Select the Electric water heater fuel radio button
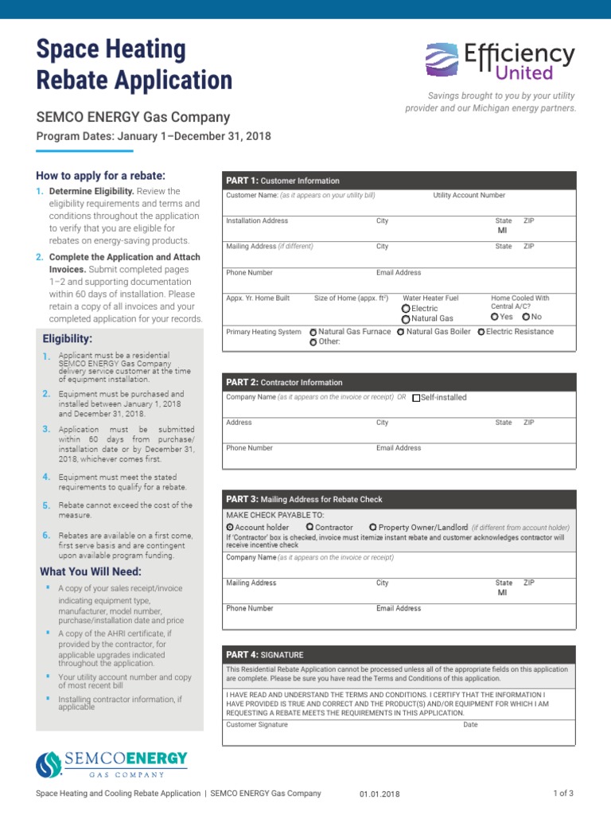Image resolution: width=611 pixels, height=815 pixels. [x=406, y=309]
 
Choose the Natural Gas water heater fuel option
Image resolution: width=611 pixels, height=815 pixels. [x=406, y=319]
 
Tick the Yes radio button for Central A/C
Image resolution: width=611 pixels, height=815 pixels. [x=494, y=317]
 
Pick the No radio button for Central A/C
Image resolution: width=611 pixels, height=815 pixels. [x=525, y=317]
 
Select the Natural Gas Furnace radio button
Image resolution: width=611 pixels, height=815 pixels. [x=313, y=332]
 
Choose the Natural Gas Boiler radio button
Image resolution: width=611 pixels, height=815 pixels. [x=400, y=332]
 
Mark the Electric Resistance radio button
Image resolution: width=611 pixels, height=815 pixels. [x=481, y=332]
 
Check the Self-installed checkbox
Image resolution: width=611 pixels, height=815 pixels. [x=416, y=398]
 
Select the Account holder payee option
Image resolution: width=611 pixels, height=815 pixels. [x=230, y=527]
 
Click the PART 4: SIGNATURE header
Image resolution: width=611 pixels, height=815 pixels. [x=265, y=654]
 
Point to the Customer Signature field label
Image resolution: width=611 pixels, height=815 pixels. [x=257, y=725]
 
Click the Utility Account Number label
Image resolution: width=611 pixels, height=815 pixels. [x=469, y=196]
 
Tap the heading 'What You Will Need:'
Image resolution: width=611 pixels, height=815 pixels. [x=91, y=572]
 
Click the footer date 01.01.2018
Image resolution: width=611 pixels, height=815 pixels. [x=379, y=794]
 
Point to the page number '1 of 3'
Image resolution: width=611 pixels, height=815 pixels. [x=563, y=794]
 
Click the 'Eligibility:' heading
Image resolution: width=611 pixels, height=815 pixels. [x=68, y=339]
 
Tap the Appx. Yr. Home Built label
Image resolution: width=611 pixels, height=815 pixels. [x=258, y=298]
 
